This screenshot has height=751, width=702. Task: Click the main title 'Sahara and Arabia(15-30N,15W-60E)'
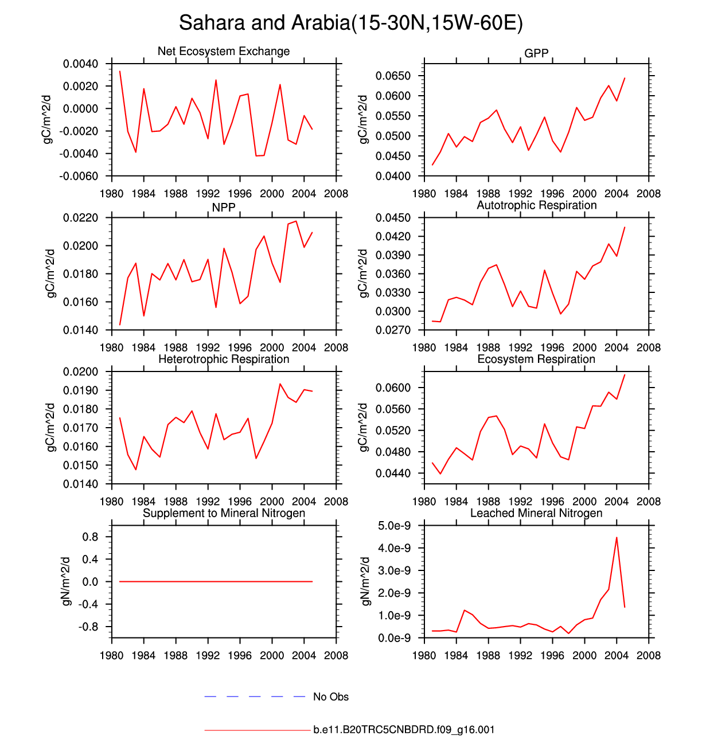click(350, 23)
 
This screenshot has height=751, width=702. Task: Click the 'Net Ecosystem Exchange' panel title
click(224, 51)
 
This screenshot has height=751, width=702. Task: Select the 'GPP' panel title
click(536, 53)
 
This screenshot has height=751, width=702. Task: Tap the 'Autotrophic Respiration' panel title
click(536, 205)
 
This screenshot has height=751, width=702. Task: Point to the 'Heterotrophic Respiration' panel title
click(224, 359)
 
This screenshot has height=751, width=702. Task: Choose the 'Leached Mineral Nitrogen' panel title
click(536, 513)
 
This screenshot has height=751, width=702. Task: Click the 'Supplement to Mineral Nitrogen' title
click(224, 513)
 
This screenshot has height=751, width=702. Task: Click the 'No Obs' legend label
click(331, 697)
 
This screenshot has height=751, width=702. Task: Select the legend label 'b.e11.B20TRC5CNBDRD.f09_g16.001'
click(404, 730)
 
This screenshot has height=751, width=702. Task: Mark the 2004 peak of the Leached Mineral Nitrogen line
click(617, 538)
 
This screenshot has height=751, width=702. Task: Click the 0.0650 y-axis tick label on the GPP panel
click(393, 76)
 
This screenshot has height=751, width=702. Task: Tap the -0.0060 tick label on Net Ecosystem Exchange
click(78, 177)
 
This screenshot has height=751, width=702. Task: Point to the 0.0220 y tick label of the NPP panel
click(80, 218)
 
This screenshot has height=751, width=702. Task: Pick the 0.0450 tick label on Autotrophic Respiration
click(393, 218)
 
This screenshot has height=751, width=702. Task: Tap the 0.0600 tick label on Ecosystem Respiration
click(393, 388)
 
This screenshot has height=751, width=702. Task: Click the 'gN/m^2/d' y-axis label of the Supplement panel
click(67, 581)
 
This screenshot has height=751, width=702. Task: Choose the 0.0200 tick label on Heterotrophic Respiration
click(80, 372)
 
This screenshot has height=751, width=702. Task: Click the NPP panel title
click(224, 208)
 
